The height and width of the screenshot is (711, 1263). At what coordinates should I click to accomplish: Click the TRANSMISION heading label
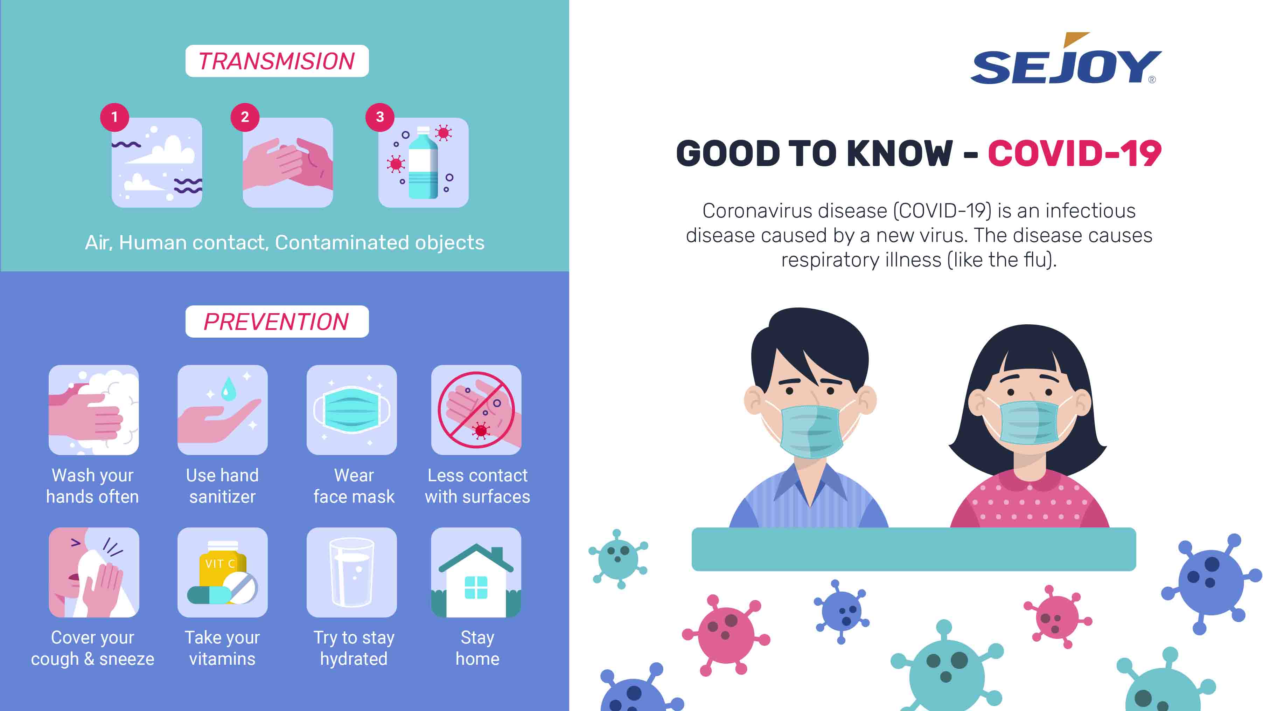[277, 61]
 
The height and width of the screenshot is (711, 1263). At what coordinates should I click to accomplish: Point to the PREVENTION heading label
[277, 322]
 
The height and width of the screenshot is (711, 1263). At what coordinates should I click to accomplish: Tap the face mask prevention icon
[351, 410]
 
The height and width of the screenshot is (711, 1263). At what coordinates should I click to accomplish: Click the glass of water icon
[351, 572]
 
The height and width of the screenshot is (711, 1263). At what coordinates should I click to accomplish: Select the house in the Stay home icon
[476, 580]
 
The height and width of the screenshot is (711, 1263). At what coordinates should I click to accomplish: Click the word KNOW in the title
[899, 154]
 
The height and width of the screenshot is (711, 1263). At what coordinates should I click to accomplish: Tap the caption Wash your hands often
[93, 486]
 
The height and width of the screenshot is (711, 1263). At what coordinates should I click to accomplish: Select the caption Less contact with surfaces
[477, 486]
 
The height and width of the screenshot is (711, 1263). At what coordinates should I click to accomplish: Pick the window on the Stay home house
[476, 587]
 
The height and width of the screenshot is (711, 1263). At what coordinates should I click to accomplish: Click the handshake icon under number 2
[288, 163]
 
